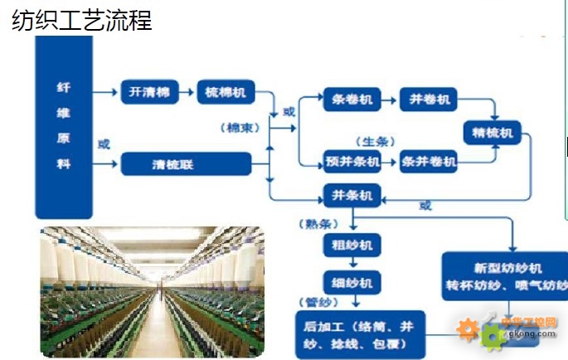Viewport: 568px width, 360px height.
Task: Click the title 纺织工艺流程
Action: click(x=82, y=20)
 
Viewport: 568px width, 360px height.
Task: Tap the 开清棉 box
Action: click(x=150, y=92)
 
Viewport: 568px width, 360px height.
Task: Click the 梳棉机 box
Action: click(x=226, y=92)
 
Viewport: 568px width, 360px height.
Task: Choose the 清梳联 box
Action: click(x=186, y=164)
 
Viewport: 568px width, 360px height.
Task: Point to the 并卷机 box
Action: click(x=430, y=100)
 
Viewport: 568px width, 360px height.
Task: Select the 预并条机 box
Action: click(x=352, y=162)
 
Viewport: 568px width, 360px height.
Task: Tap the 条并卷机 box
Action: click(x=429, y=162)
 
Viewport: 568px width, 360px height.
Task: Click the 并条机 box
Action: click(x=352, y=197)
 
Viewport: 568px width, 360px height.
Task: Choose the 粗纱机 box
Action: click(x=352, y=245)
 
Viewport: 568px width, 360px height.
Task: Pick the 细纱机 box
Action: click(x=352, y=281)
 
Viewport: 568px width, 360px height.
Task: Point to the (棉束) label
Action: click(x=241, y=128)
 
